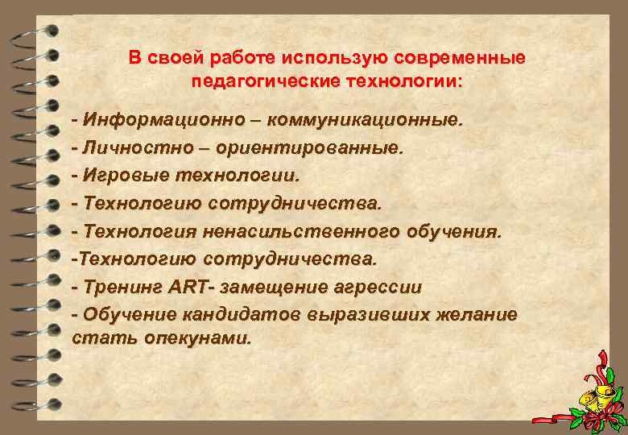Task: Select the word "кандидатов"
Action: coord(242,313)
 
